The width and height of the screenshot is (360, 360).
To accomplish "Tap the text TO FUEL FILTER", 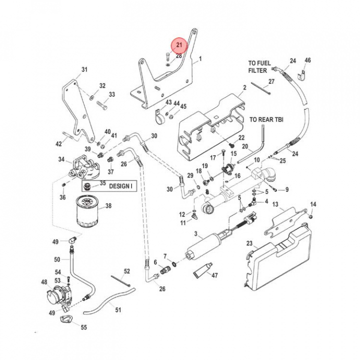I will pyautogui.click(x=259, y=66).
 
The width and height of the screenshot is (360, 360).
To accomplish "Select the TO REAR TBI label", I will pyautogui.click(x=266, y=120).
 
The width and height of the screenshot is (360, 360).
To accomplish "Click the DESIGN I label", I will pyautogui.click(x=120, y=185).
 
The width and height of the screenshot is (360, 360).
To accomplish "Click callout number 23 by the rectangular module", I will pyautogui.click(x=249, y=243).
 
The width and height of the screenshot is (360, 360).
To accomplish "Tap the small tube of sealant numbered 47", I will pyautogui.click(x=202, y=273).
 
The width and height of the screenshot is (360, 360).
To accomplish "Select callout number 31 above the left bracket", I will pyautogui.click(x=84, y=69).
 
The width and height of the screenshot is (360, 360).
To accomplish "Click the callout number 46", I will pyautogui.click(x=307, y=60).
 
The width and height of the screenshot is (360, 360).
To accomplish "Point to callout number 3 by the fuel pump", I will pyautogui.click(x=196, y=233).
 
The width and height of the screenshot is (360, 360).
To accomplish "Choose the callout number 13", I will pyautogui.click(x=275, y=205).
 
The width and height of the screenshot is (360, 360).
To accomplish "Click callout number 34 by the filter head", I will pyautogui.click(x=62, y=160).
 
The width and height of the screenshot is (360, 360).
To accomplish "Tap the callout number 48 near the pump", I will pyautogui.click(x=44, y=282).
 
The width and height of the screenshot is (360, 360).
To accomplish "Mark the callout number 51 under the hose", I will pyautogui.click(x=118, y=310).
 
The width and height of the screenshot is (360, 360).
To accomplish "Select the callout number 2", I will pyautogui.click(x=245, y=88).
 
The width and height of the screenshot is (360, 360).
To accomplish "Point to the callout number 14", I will pyautogui.click(x=313, y=204).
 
